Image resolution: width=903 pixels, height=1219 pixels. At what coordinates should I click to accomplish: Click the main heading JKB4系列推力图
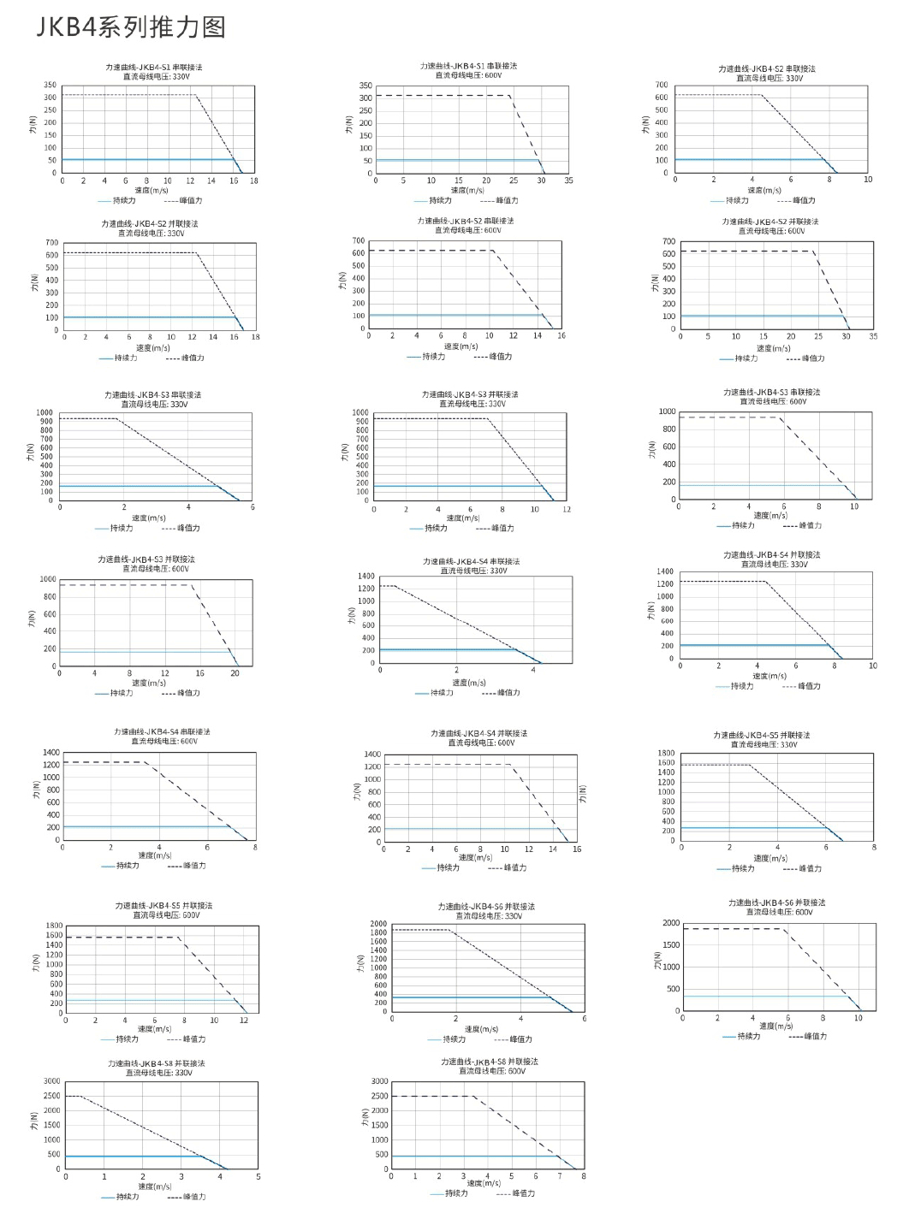pos(131,27)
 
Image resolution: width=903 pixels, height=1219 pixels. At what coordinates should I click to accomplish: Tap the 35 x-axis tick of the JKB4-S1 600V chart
pos(568,180)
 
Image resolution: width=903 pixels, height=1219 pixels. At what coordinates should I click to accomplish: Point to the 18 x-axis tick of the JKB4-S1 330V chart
pos(254,181)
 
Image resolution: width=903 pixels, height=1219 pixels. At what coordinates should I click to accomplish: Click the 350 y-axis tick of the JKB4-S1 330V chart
pos(50,85)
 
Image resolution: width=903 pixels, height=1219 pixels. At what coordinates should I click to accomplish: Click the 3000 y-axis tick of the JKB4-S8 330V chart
pos(52,1081)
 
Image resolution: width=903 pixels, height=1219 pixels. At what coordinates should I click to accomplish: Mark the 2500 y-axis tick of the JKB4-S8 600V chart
pos(380,1096)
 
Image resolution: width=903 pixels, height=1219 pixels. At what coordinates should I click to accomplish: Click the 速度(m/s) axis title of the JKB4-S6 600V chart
pos(777,1026)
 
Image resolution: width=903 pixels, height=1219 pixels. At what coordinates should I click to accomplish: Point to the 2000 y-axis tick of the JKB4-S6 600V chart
pos(671,923)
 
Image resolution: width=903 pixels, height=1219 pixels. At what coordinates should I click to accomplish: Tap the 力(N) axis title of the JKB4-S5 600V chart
pos(36,963)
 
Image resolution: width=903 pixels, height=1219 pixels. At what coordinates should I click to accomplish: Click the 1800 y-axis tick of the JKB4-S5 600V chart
pos(54,926)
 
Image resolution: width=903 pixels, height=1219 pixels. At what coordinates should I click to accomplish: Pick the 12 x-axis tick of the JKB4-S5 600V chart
pos(244,1021)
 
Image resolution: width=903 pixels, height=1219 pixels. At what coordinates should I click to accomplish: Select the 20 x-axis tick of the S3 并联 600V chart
pos(235,673)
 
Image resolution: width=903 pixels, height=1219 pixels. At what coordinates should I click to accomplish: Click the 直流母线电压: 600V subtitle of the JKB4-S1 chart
pos(468,75)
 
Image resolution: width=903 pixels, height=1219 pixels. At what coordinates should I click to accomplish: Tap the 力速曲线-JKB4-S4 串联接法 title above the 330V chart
pos(471,561)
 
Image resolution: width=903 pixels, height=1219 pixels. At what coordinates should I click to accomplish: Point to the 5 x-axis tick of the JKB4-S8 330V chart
pos(258,1177)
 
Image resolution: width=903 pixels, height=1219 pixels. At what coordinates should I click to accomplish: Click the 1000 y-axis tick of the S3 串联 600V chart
pos(668,411)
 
